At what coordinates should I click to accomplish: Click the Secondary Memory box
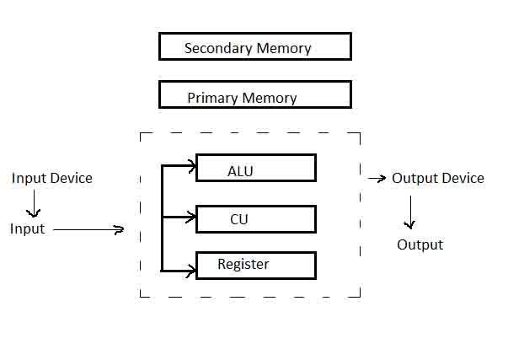click(254, 46)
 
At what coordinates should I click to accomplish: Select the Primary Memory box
click(254, 94)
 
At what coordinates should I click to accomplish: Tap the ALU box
click(256, 168)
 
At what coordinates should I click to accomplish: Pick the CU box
click(256, 218)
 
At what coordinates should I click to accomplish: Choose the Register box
click(256, 265)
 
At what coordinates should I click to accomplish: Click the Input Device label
click(52, 178)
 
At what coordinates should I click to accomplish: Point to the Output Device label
click(438, 178)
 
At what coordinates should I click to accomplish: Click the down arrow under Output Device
click(409, 212)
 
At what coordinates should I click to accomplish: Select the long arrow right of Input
click(88, 229)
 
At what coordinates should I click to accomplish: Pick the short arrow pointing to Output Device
click(377, 179)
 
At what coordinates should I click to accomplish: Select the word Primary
click(213, 98)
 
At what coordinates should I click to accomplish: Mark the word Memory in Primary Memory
click(270, 98)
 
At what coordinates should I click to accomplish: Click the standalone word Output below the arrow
click(420, 244)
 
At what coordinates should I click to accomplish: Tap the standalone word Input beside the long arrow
click(27, 229)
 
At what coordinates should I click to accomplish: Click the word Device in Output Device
click(463, 178)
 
